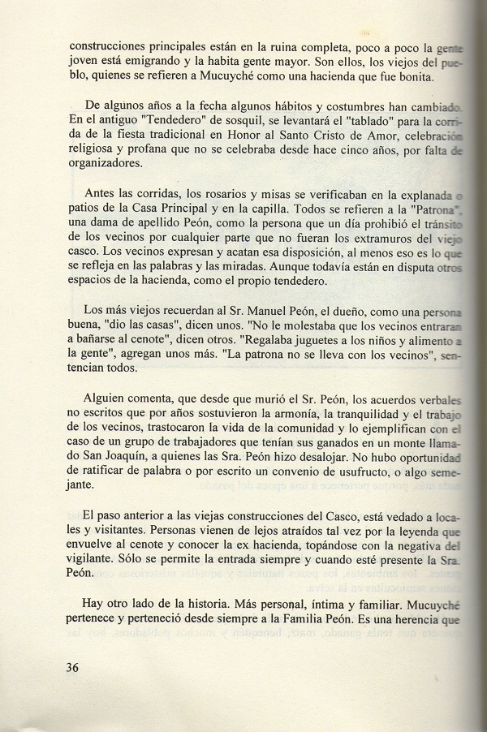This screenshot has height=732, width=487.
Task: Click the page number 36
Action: [x=78, y=668]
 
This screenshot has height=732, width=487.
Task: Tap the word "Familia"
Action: [x=326, y=621]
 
